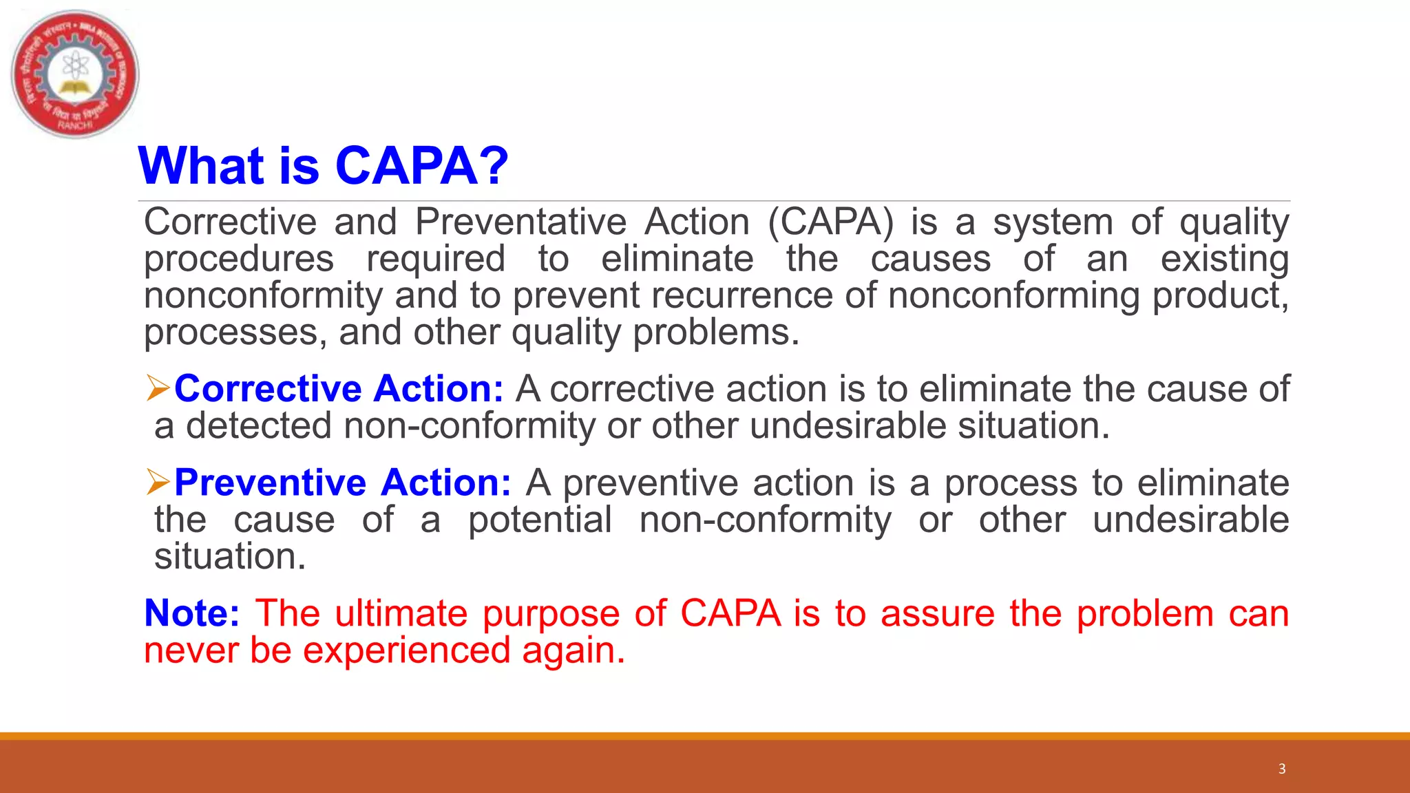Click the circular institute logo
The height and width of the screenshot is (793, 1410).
[75, 74]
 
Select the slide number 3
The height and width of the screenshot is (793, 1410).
[1281, 769]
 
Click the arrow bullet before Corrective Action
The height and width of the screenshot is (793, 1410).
[158, 389]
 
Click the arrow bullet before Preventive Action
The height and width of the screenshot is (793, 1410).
[158, 482]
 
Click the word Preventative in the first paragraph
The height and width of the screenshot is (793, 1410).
[520, 222]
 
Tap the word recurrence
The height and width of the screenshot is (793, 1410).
[741, 296]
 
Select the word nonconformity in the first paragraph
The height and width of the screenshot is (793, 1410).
[262, 296]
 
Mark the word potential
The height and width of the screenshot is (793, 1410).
[540, 520]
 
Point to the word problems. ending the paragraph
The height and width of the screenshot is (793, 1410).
[716, 332]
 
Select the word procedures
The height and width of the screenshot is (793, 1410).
[239, 259]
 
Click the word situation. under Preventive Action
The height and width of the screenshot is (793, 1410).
[230, 556]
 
